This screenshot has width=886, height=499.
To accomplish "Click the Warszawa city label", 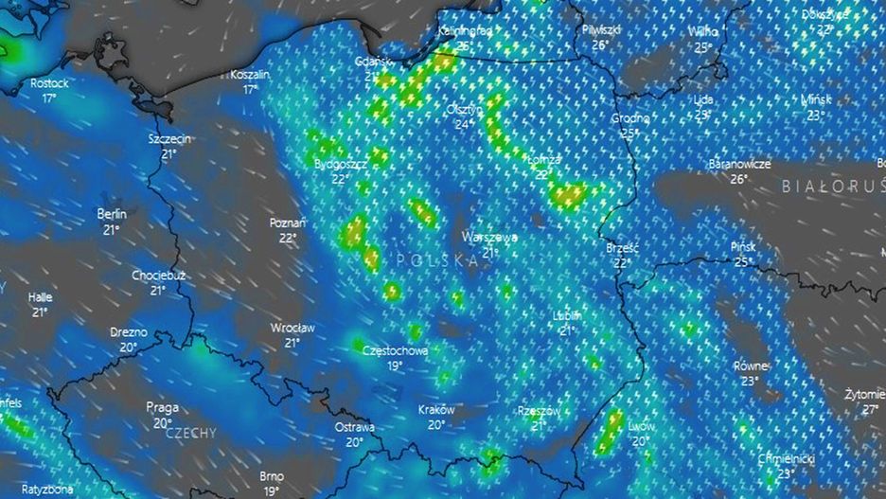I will [x=489, y=237].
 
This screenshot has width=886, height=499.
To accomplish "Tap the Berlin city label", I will [x=112, y=214].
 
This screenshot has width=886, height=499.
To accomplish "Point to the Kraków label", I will [x=436, y=410].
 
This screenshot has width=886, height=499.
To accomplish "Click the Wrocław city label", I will [x=292, y=328].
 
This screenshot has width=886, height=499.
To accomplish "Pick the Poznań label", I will [x=288, y=223].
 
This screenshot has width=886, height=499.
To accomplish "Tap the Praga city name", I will [x=162, y=407].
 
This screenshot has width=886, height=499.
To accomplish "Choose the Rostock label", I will [x=50, y=83].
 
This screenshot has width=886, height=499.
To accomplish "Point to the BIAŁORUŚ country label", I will [x=832, y=187].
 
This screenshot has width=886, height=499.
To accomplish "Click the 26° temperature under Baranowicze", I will [x=739, y=178].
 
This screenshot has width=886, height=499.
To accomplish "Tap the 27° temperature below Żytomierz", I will [x=870, y=409].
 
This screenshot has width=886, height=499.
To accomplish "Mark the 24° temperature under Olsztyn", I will [x=464, y=124].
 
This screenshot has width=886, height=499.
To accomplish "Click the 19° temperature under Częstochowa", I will [x=395, y=365].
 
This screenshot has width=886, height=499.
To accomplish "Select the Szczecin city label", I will [x=169, y=139].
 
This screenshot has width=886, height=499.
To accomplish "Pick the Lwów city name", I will [x=641, y=426].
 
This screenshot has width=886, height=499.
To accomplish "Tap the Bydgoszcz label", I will [x=340, y=164].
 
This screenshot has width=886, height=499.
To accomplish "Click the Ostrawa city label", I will [x=354, y=427].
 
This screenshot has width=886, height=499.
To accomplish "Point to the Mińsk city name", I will [x=815, y=99].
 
